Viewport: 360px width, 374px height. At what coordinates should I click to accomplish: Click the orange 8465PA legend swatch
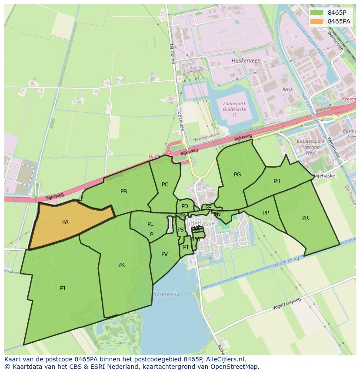pyautogui.click(x=316, y=21)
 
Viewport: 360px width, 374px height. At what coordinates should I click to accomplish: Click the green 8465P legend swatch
pyautogui.click(x=316, y=13)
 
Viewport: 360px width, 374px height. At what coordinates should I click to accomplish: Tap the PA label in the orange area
pyautogui.click(x=65, y=222)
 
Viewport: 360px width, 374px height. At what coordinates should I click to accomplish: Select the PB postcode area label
pyautogui.click(x=123, y=192)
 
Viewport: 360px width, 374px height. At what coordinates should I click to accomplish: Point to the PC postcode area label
pyautogui.click(x=165, y=185)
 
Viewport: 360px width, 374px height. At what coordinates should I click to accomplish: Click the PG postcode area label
pyautogui.click(x=237, y=175)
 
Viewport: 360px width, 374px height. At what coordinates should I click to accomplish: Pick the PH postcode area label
pyautogui.click(x=277, y=181)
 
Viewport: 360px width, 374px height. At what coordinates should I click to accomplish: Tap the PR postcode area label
pyautogui.click(x=305, y=218)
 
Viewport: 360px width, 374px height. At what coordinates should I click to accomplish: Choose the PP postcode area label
pyautogui.click(x=266, y=213)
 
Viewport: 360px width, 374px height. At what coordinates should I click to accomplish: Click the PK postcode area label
pyautogui.click(x=121, y=265)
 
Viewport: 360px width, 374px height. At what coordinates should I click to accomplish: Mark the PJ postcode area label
pyautogui.click(x=63, y=288)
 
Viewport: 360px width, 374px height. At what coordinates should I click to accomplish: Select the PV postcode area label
pyautogui.click(x=164, y=254)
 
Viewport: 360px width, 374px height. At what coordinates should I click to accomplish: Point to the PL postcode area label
pyautogui.click(x=150, y=225)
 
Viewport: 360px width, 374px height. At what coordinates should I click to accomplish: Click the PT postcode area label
pyautogui.click(x=186, y=247)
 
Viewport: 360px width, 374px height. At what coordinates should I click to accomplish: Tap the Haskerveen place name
pyautogui.click(x=246, y=61)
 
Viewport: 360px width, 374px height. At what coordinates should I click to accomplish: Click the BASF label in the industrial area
pyautogui.click(x=287, y=90)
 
